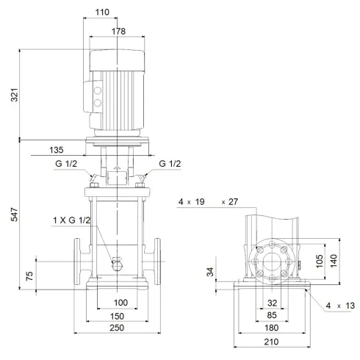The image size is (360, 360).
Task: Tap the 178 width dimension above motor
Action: click(118, 32)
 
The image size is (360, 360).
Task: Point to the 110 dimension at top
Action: click(101, 12)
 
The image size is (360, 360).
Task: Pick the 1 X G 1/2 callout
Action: click(71, 220)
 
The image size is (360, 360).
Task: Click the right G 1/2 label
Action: click(169, 164)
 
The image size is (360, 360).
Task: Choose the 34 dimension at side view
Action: click(212, 273)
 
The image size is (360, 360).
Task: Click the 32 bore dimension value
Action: click(273, 303)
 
